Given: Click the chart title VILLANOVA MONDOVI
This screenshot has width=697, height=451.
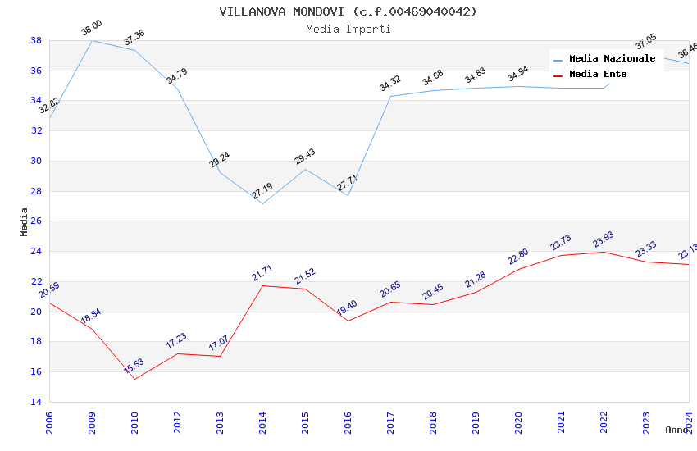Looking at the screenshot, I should [348, 11].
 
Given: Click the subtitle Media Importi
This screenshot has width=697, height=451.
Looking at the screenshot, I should [348, 29].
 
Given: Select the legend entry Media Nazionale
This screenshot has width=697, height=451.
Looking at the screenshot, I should [612, 59].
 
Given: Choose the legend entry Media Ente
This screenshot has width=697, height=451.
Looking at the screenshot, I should [598, 75].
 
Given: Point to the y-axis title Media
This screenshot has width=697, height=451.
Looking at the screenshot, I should [25, 221].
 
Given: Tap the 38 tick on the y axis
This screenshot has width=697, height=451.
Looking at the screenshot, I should [36, 40].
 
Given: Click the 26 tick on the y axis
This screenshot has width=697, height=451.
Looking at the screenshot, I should [36, 221].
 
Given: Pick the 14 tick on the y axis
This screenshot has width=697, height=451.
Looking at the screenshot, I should [36, 402].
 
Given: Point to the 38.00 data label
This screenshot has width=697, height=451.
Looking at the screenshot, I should [91, 30].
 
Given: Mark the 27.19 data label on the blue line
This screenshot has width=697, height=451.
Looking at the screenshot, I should [262, 191].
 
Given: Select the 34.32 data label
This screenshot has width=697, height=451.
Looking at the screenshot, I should [389, 83].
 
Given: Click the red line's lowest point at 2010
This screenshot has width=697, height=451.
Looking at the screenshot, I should [134, 379].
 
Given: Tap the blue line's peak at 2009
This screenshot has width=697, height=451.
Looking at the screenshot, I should [92, 40].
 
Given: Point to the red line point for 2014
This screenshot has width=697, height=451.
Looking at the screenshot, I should [262, 285].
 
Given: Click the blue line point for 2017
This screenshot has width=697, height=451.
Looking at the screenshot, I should [390, 96].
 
